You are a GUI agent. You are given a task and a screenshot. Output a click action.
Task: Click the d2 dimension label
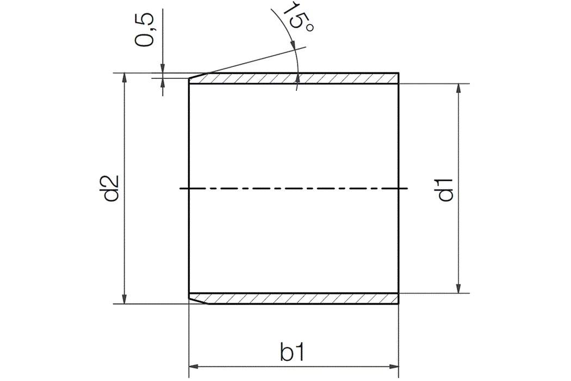pos(111,188)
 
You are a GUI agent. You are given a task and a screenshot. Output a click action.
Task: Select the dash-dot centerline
pos(294,188)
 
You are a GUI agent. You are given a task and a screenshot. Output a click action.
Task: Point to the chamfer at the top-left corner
pos(196,76)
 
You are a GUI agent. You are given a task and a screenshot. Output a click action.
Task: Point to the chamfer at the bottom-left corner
pos(197,300)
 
